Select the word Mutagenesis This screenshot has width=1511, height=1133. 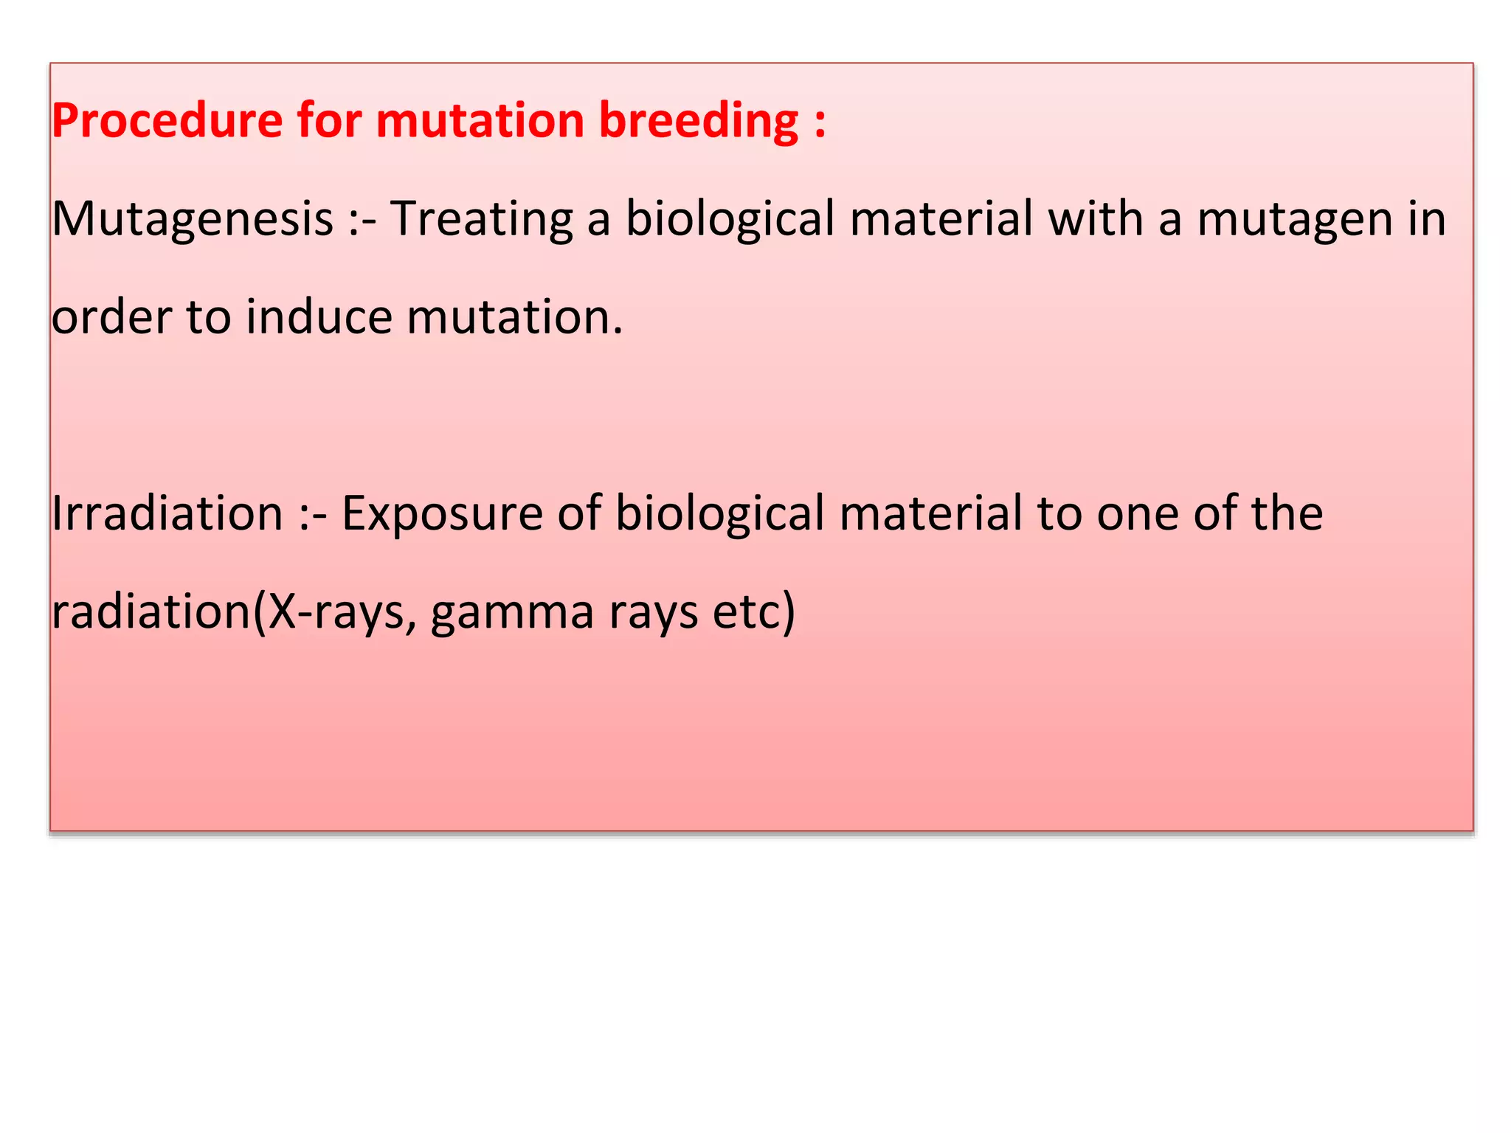193,220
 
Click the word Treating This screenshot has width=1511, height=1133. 482,220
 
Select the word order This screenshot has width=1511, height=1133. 111,317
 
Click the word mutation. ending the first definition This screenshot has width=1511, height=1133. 514,317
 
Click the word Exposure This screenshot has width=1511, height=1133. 442,515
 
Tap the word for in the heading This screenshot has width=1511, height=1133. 330,120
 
